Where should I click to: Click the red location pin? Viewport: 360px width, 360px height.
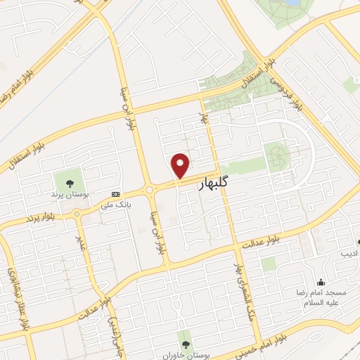[x=181, y=166]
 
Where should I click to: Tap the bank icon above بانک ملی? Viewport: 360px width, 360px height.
[x=115, y=195]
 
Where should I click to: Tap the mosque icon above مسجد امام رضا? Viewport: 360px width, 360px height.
[x=321, y=281]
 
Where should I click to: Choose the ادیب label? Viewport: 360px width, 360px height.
[x=349, y=252]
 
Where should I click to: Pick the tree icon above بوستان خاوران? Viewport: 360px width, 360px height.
[x=186, y=344]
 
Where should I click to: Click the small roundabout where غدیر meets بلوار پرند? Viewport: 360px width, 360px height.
[x=77, y=214]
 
